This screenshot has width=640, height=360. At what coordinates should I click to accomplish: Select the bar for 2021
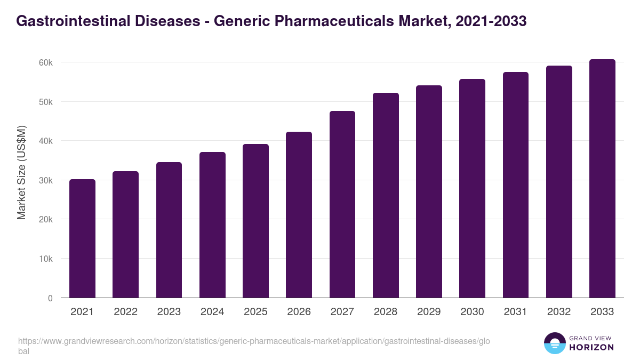point(82,238)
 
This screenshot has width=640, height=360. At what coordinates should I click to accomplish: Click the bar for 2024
point(212,225)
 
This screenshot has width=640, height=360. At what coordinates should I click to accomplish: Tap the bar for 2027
point(342,204)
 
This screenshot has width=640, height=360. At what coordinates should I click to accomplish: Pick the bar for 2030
point(472,188)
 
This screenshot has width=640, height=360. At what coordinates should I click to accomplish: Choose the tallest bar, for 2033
point(602,178)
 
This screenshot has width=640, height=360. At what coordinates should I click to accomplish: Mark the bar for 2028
point(386,195)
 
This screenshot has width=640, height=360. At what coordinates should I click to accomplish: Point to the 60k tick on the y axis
point(45,62)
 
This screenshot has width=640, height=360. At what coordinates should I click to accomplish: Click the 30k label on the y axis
point(45,180)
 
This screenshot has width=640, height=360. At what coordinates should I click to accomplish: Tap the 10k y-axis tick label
point(45,259)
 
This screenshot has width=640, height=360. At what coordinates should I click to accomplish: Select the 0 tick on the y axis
point(50,298)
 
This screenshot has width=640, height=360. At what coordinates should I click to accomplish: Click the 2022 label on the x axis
point(125,312)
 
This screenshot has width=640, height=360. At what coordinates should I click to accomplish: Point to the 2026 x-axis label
point(299,312)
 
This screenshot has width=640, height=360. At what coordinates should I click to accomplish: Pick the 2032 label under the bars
point(559,312)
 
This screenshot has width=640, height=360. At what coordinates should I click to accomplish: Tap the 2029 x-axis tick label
point(429,312)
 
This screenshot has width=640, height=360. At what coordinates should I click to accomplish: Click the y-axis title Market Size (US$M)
point(21,172)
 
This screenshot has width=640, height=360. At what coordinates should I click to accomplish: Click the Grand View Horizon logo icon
point(554,343)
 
